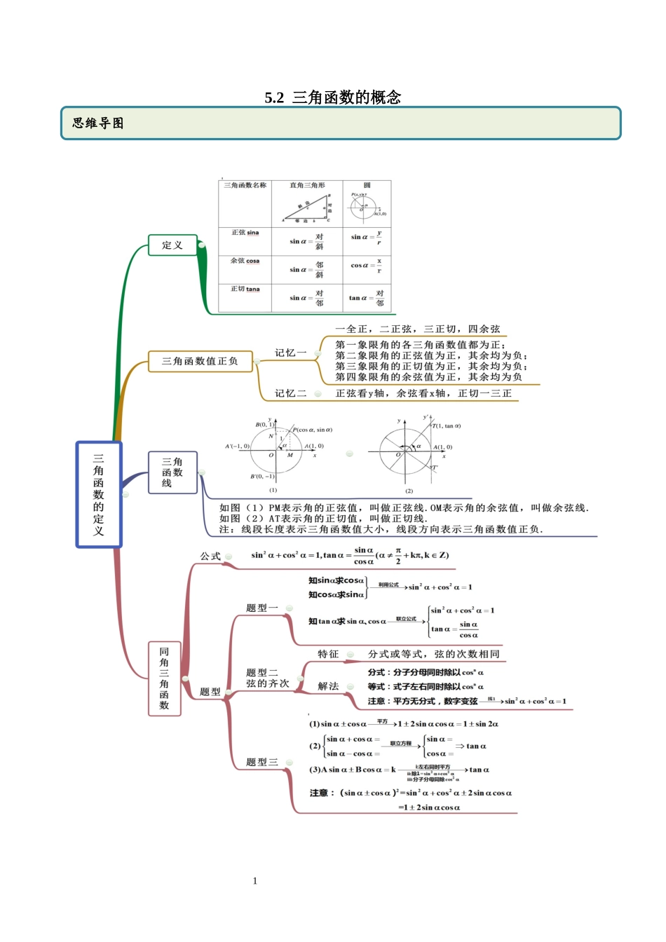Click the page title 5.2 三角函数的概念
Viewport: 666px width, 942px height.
(x=333, y=97)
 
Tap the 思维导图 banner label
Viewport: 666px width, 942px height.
(x=98, y=123)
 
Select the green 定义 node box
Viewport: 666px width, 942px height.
(x=172, y=245)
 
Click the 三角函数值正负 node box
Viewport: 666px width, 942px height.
(x=200, y=362)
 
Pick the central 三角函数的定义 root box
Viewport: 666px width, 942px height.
(x=99, y=494)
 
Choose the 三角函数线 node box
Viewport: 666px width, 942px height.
(x=172, y=472)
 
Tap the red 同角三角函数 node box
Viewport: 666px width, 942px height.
(x=164, y=678)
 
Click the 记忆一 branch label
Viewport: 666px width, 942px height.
(x=290, y=353)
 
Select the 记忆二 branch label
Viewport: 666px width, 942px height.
(x=290, y=394)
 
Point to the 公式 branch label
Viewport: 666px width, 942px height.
(x=210, y=557)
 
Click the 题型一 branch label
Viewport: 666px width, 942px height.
(x=262, y=608)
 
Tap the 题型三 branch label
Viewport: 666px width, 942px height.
(x=262, y=762)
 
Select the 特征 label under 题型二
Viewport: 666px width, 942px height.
(x=328, y=654)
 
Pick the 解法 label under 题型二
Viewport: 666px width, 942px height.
(x=328, y=686)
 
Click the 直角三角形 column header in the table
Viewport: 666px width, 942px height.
(x=307, y=186)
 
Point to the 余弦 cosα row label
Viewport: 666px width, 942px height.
(x=245, y=261)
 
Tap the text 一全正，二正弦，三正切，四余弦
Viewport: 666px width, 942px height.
(x=418, y=329)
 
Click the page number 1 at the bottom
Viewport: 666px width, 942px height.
(x=255, y=881)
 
